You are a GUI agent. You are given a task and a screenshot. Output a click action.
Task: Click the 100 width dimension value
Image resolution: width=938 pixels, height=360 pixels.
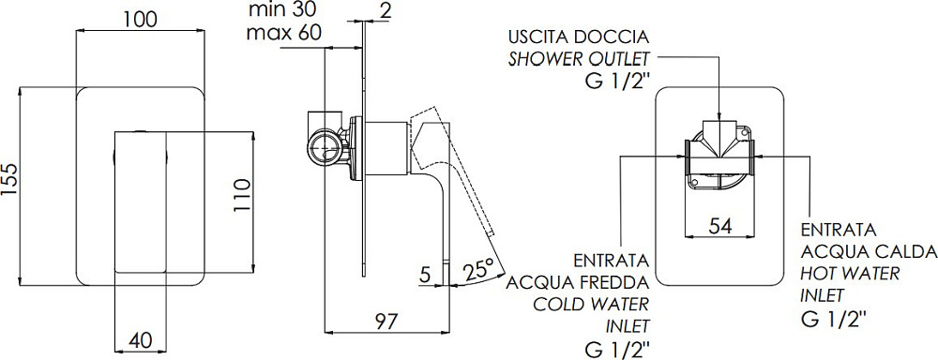pos(140,19)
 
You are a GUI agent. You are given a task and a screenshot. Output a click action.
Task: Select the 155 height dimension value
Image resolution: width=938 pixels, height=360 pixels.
pos(12,187)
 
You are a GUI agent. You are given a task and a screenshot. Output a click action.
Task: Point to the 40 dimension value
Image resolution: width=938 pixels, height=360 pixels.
pos(140,340)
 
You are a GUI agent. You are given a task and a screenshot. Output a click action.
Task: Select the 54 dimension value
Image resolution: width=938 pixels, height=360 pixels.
pos(720,225)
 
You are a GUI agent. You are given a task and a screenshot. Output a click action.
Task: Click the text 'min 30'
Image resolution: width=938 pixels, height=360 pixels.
pos(283,9)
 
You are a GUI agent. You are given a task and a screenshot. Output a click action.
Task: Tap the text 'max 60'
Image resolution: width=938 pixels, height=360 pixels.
pos(284,32)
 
